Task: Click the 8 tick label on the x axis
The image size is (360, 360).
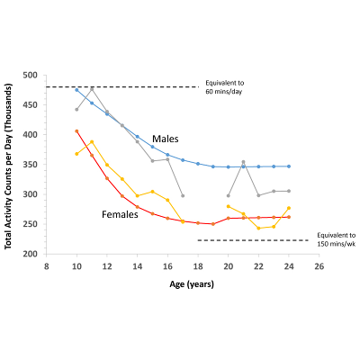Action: click(46, 266)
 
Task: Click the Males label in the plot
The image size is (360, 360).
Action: click(165, 139)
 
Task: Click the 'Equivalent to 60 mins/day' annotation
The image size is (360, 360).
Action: click(229, 86)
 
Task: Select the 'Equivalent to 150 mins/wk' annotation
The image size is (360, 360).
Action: click(334, 238)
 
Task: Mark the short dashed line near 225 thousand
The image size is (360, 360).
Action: click(252, 240)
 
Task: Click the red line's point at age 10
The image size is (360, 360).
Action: click(76, 130)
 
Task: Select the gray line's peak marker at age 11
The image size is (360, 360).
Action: click(92, 88)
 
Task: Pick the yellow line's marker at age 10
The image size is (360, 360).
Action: click(76, 154)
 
